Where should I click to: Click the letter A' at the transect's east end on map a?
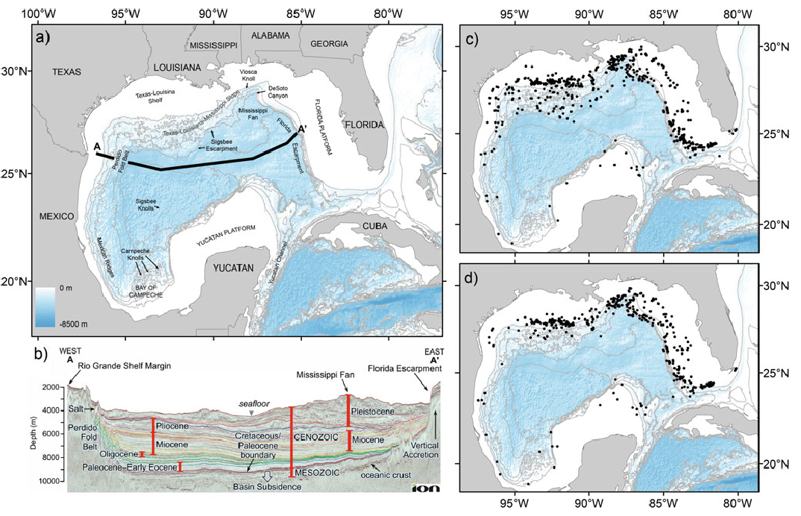coord(302,128)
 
